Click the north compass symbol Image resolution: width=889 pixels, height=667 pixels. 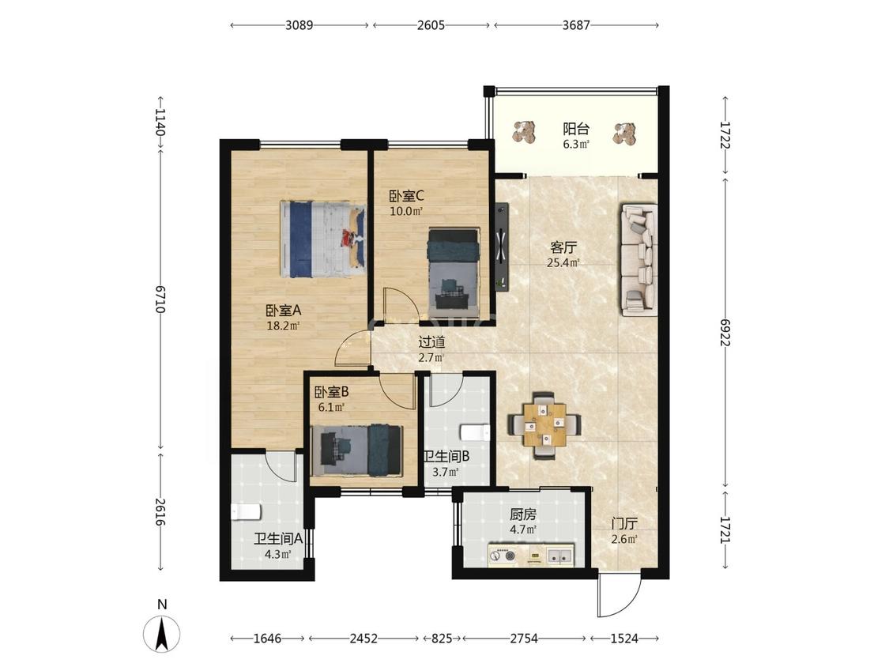point(161,633)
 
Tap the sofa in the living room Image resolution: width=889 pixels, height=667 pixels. point(638,260)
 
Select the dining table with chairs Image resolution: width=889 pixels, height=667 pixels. point(544,425)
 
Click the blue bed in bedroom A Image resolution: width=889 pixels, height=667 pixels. point(323,239)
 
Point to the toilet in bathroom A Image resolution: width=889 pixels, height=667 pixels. point(246,511)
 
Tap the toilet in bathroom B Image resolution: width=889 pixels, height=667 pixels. point(475,433)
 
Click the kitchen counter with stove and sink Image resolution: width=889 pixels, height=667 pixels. point(531,556)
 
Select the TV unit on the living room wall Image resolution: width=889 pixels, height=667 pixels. point(501,247)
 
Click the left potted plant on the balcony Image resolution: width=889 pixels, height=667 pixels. point(524,132)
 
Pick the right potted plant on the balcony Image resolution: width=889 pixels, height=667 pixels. point(624,134)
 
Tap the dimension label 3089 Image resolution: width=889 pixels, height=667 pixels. point(299,25)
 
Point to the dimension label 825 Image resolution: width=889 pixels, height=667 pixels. point(442,639)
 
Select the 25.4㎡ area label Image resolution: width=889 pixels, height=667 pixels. point(563,262)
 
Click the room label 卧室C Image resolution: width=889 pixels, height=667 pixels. point(406,196)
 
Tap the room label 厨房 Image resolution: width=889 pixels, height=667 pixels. point(523,514)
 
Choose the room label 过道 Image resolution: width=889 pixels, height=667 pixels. point(431,342)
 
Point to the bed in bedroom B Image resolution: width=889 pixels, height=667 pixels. point(361,450)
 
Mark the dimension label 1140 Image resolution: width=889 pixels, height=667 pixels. point(160,122)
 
